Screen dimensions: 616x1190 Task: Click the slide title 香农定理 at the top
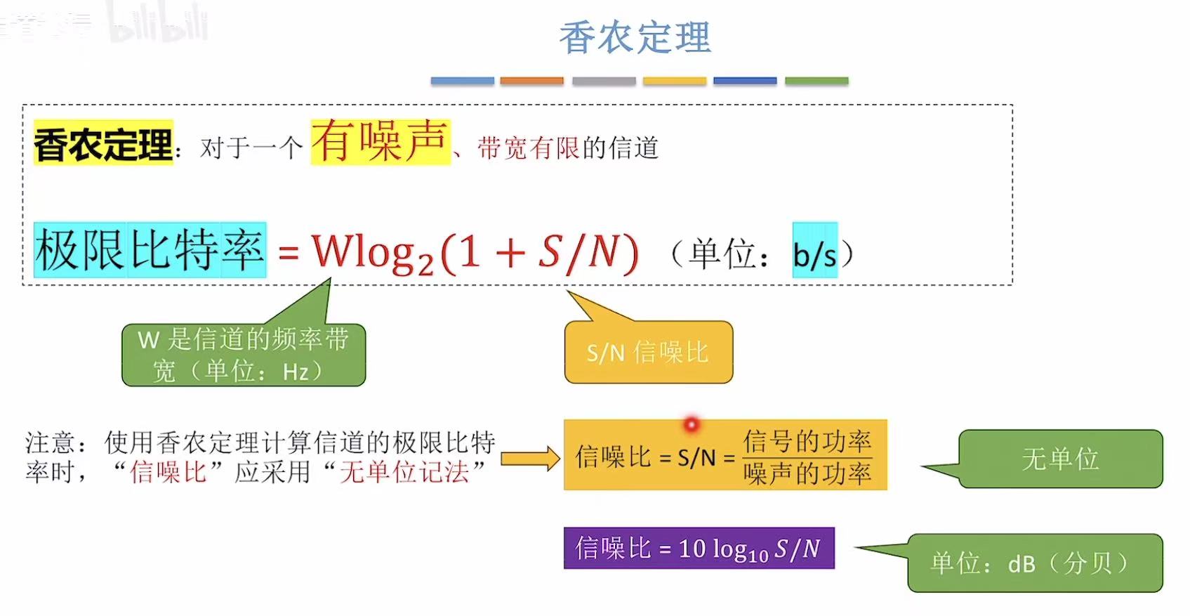point(635,37)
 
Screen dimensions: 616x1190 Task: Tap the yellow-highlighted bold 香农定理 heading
point(103,144)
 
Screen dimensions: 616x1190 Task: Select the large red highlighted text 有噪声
point(380,141)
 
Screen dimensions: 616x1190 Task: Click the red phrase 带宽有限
point(529,148)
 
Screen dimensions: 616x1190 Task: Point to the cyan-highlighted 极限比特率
point(150,250)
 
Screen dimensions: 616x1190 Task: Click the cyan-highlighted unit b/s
point(814,254)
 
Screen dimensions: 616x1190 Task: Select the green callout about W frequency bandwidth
point(244,355)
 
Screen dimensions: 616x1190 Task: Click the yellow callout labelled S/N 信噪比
point(647,352)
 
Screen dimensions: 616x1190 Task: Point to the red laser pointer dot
point(692,424)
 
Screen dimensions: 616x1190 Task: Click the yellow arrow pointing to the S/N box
point(530,459)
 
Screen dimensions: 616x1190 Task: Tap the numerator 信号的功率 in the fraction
point(807,441)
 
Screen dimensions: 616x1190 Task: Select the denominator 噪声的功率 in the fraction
point(807,474)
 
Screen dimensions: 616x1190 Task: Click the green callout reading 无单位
point(1060,459)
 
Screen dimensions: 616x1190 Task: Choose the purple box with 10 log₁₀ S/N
point(699,548)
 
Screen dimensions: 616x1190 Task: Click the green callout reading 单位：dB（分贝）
point(1034,563)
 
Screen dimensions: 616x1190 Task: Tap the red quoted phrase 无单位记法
point(404,472)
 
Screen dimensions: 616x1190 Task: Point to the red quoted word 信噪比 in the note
point(168,472)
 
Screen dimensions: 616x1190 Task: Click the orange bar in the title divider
point(531,81)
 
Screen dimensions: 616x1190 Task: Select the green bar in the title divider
point(817,81)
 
